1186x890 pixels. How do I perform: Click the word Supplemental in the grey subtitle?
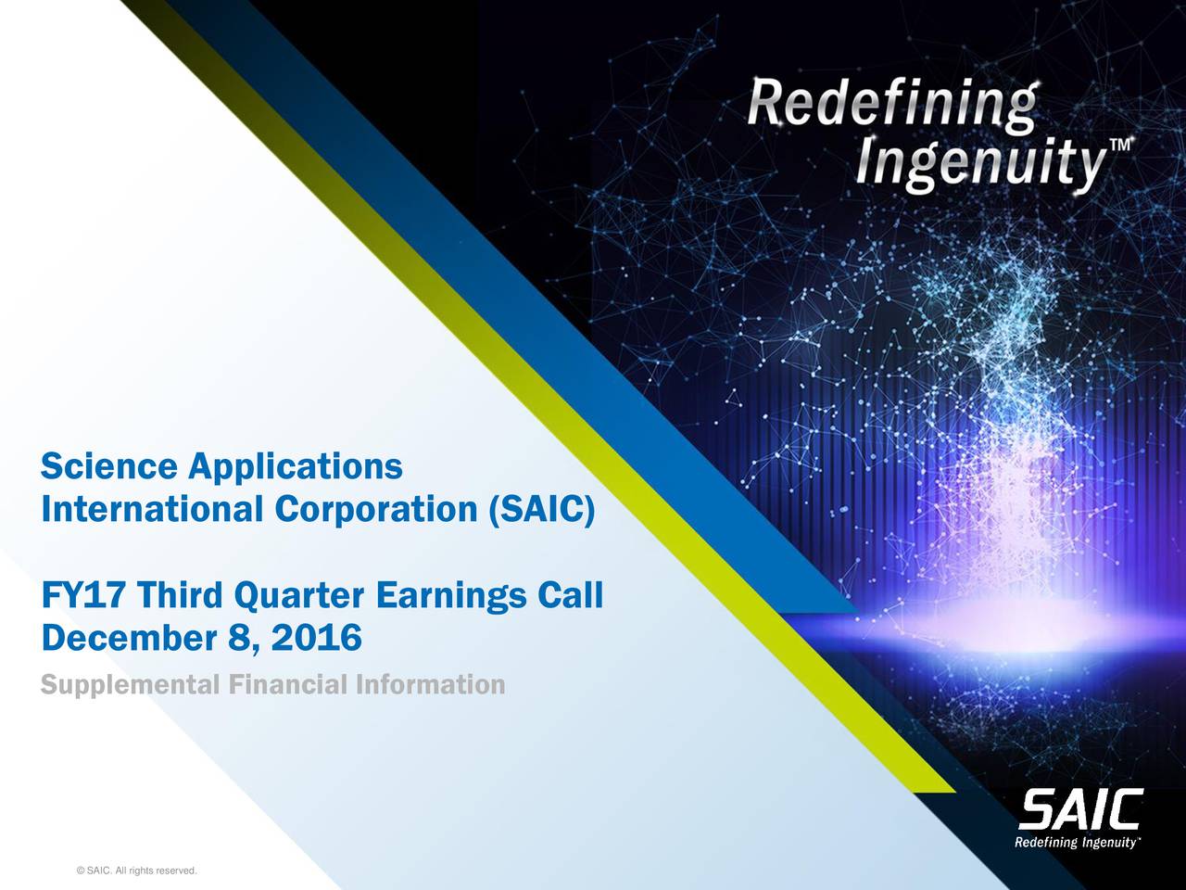coord(129,686)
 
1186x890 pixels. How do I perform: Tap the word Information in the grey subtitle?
coord(430,685)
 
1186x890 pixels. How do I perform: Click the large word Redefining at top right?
coord(891,108)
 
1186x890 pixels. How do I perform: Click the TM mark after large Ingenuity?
coord(1121,146)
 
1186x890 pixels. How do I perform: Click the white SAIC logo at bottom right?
coord(1080,810)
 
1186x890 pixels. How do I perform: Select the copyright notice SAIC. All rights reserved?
coord(138,870)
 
